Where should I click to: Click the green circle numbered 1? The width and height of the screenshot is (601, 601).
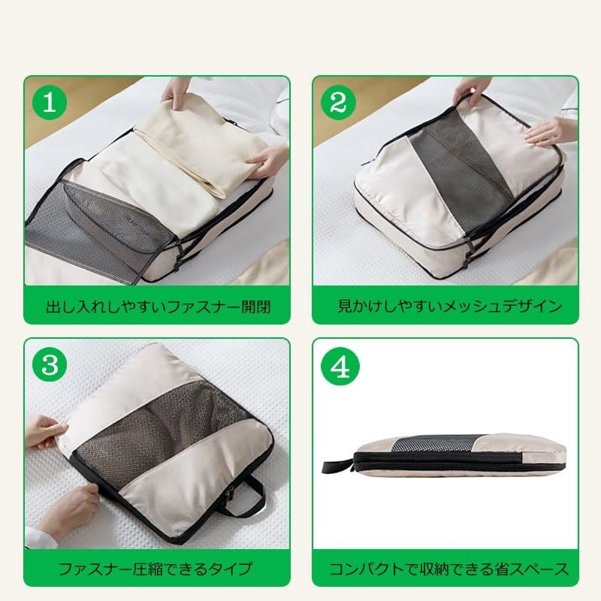pyautogui.click(x=50, y=102)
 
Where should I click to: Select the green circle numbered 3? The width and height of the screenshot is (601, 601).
pyautogui.click(x=50, y=365)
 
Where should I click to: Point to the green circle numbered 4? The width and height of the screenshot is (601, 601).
pyautogui.click(x=340, y=365)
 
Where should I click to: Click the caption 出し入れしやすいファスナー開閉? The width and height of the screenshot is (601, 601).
pyautogui.click(x=157, y=306)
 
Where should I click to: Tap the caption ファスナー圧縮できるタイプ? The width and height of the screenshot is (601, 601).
pyautogui.click(x=157, y=568)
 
